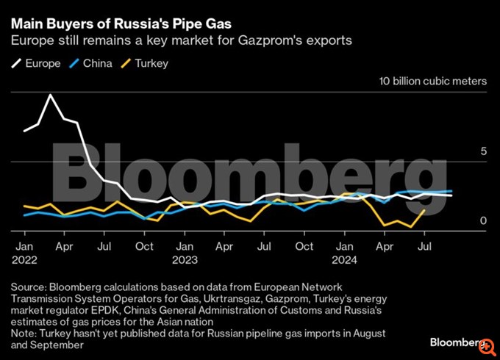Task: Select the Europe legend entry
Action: click(x=38, y=63)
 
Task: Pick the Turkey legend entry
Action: click(x=147, y=63)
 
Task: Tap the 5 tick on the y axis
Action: click(x=483, y=151)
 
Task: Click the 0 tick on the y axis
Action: click(x=483, y=220)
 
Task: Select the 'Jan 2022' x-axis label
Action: click(x=24, y=253)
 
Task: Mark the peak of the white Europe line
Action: click(x=51, y=95)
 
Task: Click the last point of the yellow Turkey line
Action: click(x=424, y=210)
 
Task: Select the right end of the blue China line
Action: click(x=451, y=191)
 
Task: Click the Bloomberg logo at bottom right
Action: click(x=460, y=343)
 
